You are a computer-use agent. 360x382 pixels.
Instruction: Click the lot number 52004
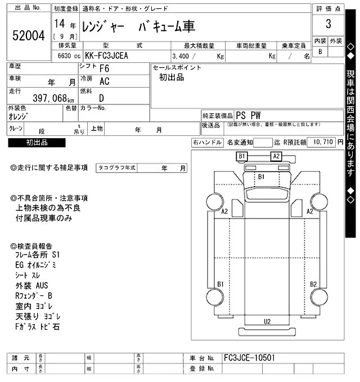coord(28,36)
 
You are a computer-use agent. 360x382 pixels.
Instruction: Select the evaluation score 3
coord(328,24)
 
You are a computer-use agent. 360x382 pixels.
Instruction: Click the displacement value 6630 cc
coord(66,56)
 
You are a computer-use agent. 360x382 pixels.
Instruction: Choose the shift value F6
coord(104,69)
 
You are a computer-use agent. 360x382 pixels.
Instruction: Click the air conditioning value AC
coord(104,81)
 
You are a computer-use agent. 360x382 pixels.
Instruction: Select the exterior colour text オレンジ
coord(20,116)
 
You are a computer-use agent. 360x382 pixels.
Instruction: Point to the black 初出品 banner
coord(37,143)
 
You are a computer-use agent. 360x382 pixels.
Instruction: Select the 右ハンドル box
coord(207,143)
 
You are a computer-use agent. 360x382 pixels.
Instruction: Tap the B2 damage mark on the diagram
coord(313,284)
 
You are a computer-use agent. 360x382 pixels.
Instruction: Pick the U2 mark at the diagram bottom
coord(268,321)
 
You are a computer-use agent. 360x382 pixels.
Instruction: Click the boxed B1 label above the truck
coord(242,156)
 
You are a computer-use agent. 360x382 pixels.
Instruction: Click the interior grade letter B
coord(321,52)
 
